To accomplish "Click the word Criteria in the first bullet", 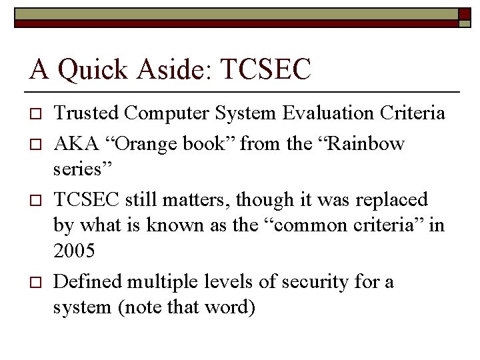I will pyautogui.click(x=412, y=114).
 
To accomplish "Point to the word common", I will pyautogui.click(x=310, y=226).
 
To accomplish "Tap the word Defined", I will pyautogui.click(x=87, y=282).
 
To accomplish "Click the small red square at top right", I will pyautogui.click(x=465, y=14).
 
